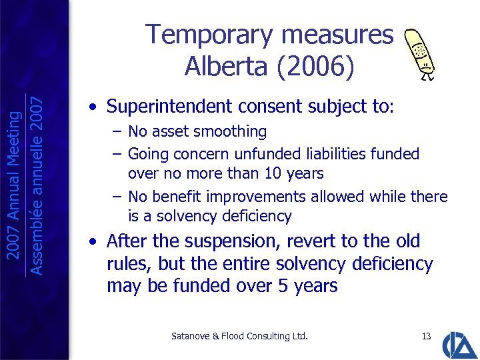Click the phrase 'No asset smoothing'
tap(197, 132)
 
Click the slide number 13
tap(427, 336)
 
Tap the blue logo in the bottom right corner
tap(460, 343)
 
